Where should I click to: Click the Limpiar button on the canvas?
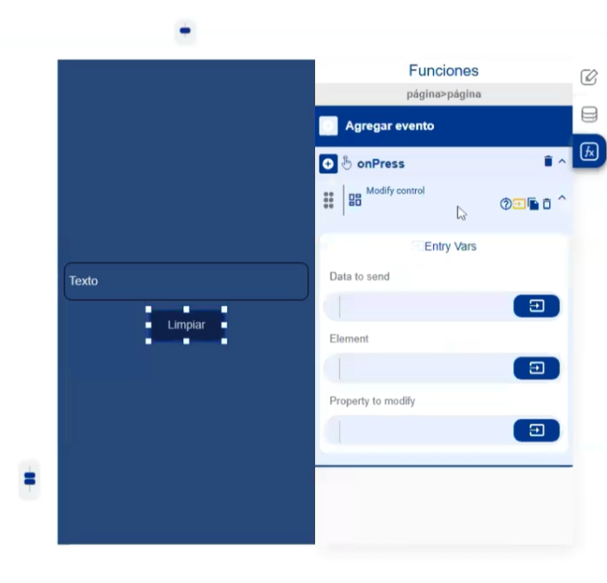coord(186,325)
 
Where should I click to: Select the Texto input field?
coord(186,281)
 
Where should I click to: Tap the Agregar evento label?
coord(389,126)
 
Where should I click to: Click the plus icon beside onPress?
coord(328,164)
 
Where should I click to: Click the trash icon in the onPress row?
coord(548,161)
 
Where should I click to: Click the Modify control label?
coord(395,190)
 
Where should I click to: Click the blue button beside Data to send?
coord(536,306)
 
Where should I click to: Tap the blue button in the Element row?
coord(536,368)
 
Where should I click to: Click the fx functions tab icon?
coord(589,152)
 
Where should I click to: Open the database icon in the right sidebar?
coord(589,115)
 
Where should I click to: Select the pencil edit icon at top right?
coord(589,77)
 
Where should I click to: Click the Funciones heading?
coord(443,71)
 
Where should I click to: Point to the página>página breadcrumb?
coord(443,94)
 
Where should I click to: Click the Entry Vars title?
coord(450,246)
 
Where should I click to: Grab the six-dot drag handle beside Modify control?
coord(329,200)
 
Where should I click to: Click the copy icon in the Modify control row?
coord(533,203)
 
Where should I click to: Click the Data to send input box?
coord(419,307)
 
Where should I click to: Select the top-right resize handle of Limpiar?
coord(224,309)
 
